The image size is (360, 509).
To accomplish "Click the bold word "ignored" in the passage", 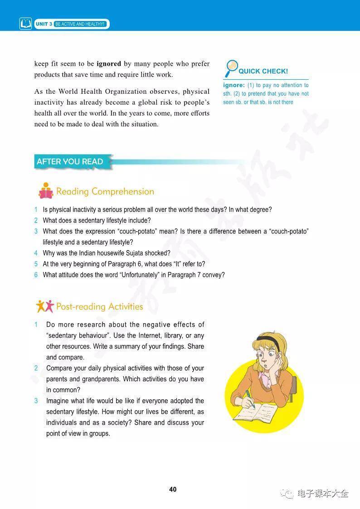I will coord(109,64).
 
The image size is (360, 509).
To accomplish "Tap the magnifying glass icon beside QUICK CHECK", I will coord(231,68).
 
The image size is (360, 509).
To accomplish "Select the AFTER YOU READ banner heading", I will coord(70,161).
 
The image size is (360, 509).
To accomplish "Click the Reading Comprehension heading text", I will coord(105,191).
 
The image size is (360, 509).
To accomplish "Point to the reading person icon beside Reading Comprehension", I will coord(46,191).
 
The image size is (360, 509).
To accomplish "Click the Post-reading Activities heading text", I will coord(99,306).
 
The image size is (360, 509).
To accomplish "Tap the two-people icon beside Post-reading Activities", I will coord(45,306).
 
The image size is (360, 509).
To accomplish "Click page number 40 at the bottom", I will coord(173,490).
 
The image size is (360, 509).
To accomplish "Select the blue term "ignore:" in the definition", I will coord(234,85).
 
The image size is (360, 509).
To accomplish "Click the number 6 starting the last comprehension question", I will coord(36,275).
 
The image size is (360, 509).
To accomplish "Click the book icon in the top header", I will coord(25,24).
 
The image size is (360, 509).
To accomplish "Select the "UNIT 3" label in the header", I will coord(44,24).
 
